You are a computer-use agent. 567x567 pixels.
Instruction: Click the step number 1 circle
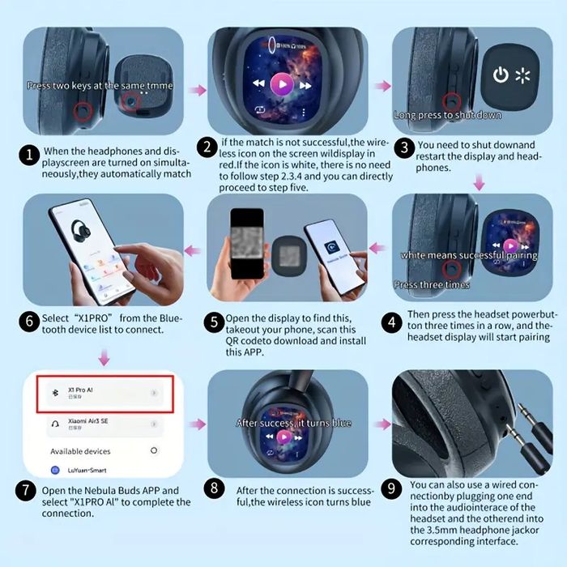point(29,155)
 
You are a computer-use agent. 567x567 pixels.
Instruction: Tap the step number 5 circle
point(214,322)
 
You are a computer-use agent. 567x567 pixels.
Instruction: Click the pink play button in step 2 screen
point(281,83)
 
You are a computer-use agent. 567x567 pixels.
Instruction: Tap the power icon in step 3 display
point(501,75)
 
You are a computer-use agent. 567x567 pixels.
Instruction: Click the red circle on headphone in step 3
point(452,100)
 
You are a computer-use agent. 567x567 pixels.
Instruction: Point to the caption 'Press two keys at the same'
point(88,85)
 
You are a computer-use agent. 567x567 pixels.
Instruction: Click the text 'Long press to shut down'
point(447,115)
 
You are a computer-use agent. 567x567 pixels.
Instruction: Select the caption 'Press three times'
point(431,284)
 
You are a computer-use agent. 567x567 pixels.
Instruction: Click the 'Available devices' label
point(80,451)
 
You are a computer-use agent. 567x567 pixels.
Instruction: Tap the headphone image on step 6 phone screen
point(83,232)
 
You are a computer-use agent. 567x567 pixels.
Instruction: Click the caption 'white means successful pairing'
point(469,256)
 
